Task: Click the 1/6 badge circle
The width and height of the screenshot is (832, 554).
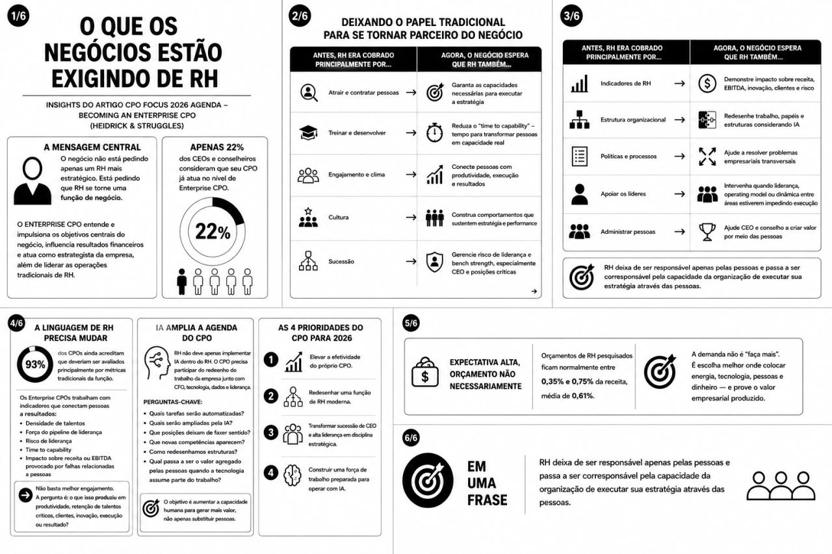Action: click(x=18, y=16)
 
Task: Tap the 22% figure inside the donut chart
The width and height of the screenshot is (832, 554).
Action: click(x=213, y=232)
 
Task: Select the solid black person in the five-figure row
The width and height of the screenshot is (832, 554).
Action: click(x=181, y=282)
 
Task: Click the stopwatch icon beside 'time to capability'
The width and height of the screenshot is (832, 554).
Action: click(x=434, y=132)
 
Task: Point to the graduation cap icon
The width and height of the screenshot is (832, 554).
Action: click(x=308, y=132)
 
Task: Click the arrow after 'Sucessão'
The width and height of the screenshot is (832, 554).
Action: click(x=411, y=261)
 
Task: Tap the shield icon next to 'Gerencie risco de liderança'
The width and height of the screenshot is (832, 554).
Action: click(x=434, y=262)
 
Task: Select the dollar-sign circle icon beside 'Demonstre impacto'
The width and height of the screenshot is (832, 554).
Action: click(x=707, y=84)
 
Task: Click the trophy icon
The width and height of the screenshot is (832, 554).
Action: click(x=707, y=232)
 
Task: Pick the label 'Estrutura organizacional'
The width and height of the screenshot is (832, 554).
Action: click(x=633, y=120)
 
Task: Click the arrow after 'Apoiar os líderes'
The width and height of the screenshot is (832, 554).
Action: click(x=680, y=194)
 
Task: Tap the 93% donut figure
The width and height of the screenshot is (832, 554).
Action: click(x=35, y=364)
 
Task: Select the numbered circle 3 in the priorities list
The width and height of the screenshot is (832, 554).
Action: click(x=271, y=433)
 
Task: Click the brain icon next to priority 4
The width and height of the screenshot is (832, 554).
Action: click(x=292, y=475)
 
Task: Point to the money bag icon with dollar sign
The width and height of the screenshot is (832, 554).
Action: click(x=425, y=372)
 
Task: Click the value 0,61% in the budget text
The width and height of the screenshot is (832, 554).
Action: click(x=583, y=396)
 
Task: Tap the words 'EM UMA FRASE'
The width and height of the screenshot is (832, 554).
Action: click(x=487, y=483)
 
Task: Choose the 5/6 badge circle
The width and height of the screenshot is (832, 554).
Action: click(x=411, y=323)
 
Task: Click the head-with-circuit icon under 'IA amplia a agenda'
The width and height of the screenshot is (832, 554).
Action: click(x=157, y=363)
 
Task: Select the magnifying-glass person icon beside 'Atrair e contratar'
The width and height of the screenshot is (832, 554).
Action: click(x=309, y=93)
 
